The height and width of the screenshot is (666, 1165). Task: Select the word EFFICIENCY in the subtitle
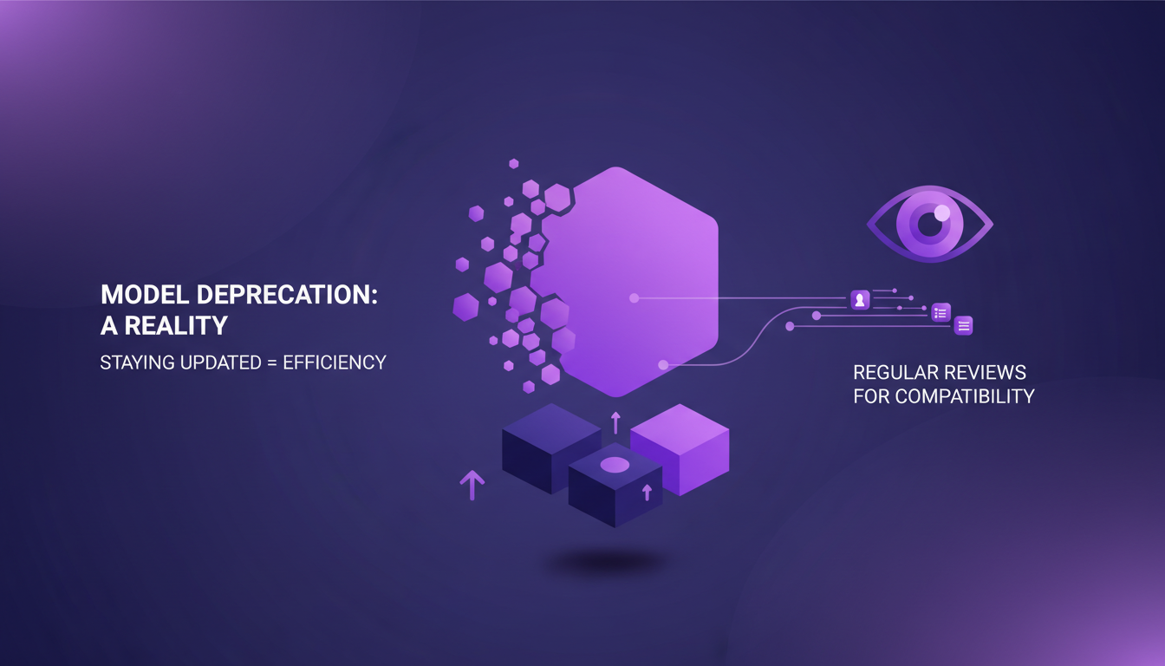pos(334,362)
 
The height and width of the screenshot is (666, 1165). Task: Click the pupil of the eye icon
pos(928,225)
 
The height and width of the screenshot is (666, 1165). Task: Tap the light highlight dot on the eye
pos(942,212)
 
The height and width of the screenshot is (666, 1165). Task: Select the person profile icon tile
pos(860,300)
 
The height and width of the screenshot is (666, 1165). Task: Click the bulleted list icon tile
pos(941,312)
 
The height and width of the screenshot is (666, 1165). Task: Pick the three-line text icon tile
pos(963,325)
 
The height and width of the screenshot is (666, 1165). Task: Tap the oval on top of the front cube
pos(615,466)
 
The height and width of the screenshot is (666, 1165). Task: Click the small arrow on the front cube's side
pos(646,493)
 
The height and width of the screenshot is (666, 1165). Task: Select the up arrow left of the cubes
pos(472,485)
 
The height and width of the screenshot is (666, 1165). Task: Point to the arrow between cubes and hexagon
pos(615,422)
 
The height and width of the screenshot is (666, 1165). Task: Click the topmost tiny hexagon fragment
pos(514,163)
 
